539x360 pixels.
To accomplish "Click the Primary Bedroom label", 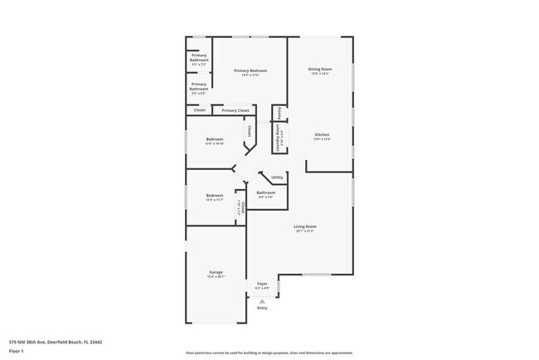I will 250,71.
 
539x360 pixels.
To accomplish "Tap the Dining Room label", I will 320,69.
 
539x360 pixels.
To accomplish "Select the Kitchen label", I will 322,134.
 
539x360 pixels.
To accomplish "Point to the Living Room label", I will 305,226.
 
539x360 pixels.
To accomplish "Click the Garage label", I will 216,272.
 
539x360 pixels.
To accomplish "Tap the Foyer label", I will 262,284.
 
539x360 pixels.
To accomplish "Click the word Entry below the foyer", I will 262,308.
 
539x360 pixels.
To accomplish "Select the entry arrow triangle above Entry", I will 262,300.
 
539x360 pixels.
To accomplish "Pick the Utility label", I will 277,177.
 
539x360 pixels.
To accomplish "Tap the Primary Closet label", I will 236,110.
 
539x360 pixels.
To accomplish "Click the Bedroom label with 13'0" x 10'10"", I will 215,139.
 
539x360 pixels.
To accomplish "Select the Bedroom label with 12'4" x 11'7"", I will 215,195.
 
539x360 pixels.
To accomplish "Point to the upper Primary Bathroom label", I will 199,57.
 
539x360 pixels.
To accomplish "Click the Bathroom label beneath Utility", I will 265,192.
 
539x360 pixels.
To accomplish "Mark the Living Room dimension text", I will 305,231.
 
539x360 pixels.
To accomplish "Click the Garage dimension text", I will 216,277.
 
